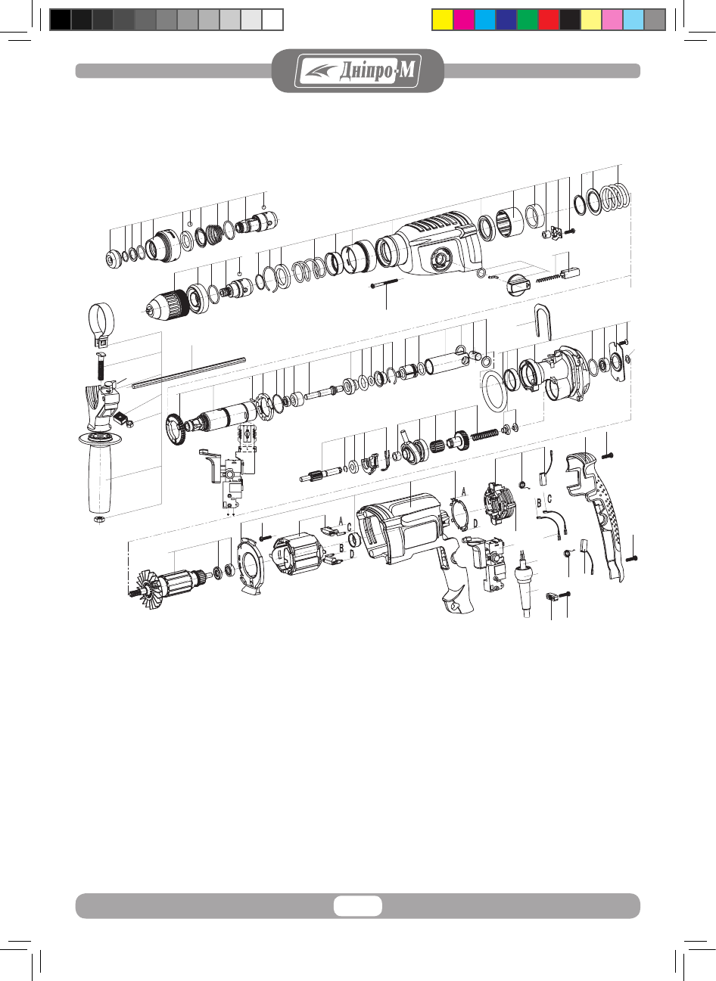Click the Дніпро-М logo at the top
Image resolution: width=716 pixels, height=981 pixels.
(357, 70)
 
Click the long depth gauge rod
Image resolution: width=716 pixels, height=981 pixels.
(189, 373)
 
